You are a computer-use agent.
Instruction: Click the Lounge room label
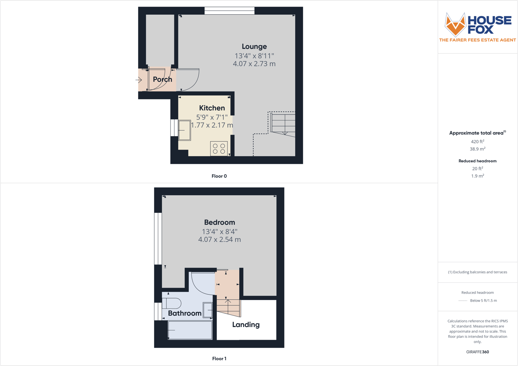coord(254,47)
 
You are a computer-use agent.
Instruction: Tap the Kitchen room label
coord(212,108)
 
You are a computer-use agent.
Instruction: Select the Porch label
coord(163,79)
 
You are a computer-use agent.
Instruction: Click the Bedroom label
coord(219,223)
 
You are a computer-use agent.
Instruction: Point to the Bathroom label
coord(185,313)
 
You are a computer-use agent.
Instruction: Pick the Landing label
coord(246,325)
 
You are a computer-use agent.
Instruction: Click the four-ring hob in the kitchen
coord(219,149)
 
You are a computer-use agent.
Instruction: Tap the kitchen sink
coord(185,130)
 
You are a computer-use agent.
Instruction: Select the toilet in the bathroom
coord(172,303)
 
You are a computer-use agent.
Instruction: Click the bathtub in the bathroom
coord(190,331)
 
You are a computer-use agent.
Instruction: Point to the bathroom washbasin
coord(208,310)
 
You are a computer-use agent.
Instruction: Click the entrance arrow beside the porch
coord(139,80)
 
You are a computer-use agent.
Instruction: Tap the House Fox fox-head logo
coord(455,25)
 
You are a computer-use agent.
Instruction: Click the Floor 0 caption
coord(219,176)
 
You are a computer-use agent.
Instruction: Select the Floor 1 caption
coord(219,359)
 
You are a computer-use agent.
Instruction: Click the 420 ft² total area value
coord(477,142)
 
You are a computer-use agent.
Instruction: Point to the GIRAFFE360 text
coord(477,352)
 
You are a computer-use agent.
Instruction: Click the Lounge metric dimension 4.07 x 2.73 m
coord(254,64)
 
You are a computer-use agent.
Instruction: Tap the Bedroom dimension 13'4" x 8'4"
coord(219,232)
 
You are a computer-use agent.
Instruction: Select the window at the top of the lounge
coord(229,11)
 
